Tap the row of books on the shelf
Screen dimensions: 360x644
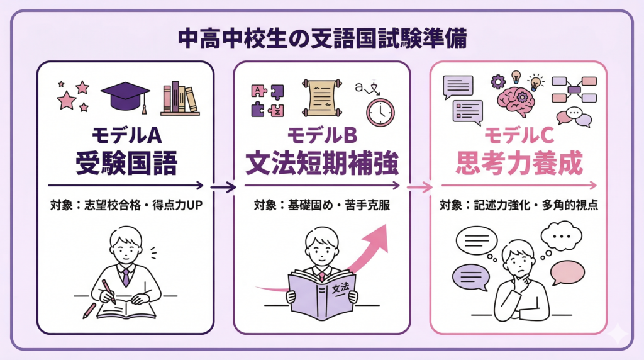point(180,99)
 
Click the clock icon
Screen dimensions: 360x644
point(380,111)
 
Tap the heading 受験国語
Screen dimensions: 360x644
point(126,163)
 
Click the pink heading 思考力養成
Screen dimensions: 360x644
point(518,163)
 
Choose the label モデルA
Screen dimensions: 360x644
point(126,136)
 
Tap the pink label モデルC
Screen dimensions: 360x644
point(518,136)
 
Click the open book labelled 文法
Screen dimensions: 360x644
point(321,293)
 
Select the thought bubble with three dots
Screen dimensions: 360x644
point(561,236)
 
